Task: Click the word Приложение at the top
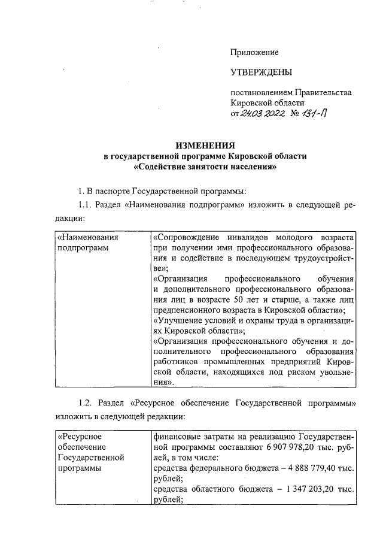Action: tap(254, 53)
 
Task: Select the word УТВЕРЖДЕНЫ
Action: tap(262, 73)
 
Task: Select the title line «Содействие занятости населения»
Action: tap(205, 167)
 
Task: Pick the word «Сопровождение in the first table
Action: tap(182, 237)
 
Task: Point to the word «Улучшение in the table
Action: tap(177, 320)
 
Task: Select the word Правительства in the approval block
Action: tap(324, 92)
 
